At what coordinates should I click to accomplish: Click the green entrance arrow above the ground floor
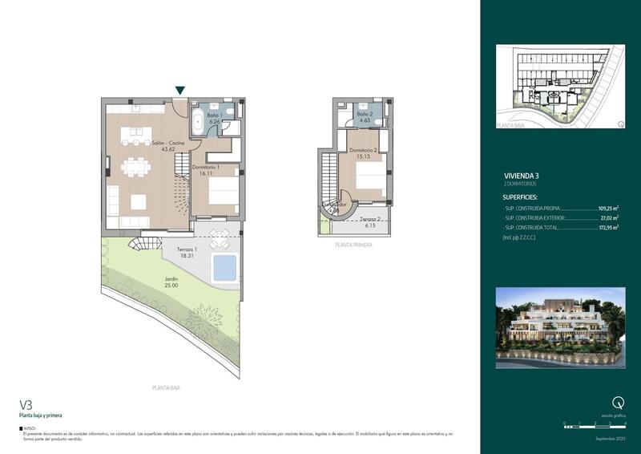181,91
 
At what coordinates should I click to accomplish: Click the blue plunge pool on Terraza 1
224,268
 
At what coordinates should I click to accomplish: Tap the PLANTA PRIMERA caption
353,245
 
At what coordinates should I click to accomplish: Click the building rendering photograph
560,325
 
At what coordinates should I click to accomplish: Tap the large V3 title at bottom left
27,405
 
